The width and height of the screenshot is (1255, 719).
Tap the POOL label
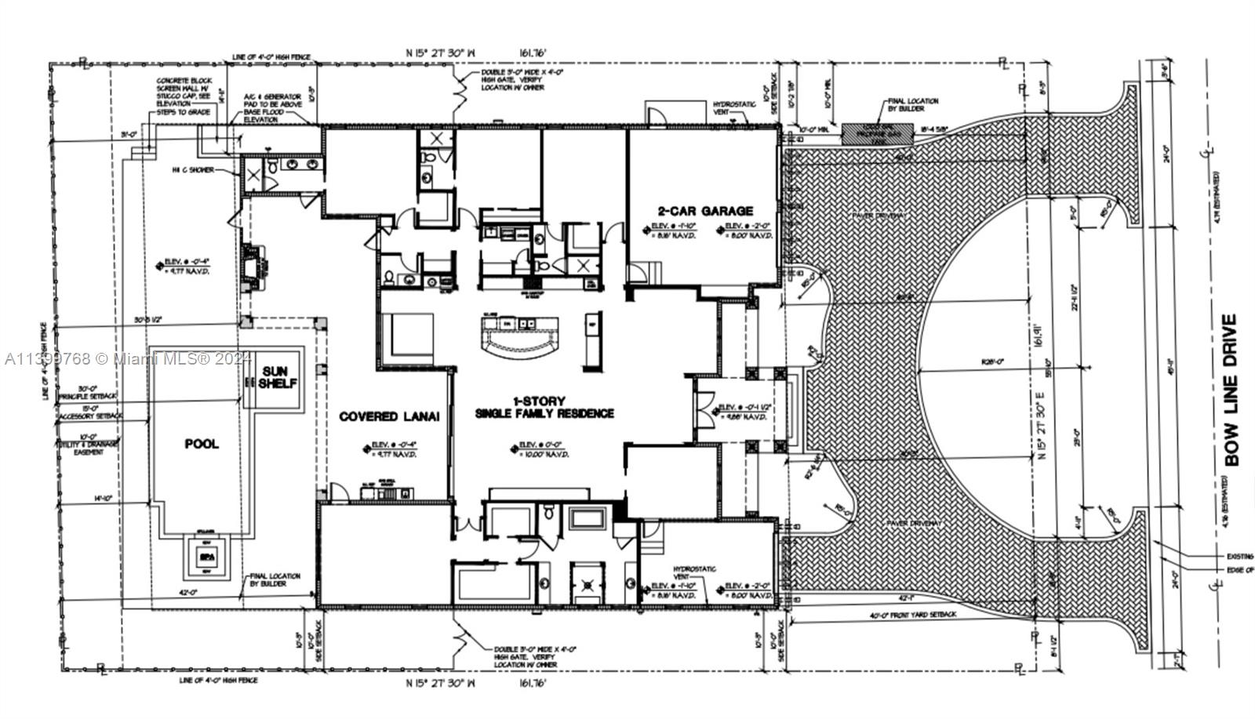coord(202,444)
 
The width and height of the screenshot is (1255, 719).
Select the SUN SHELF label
coord(274,377)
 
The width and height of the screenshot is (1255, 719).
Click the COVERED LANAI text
coord(388,417)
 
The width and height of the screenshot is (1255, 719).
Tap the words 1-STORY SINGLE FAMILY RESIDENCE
coord(544,407)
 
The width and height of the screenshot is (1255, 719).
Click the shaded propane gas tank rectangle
coord(878,134)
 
